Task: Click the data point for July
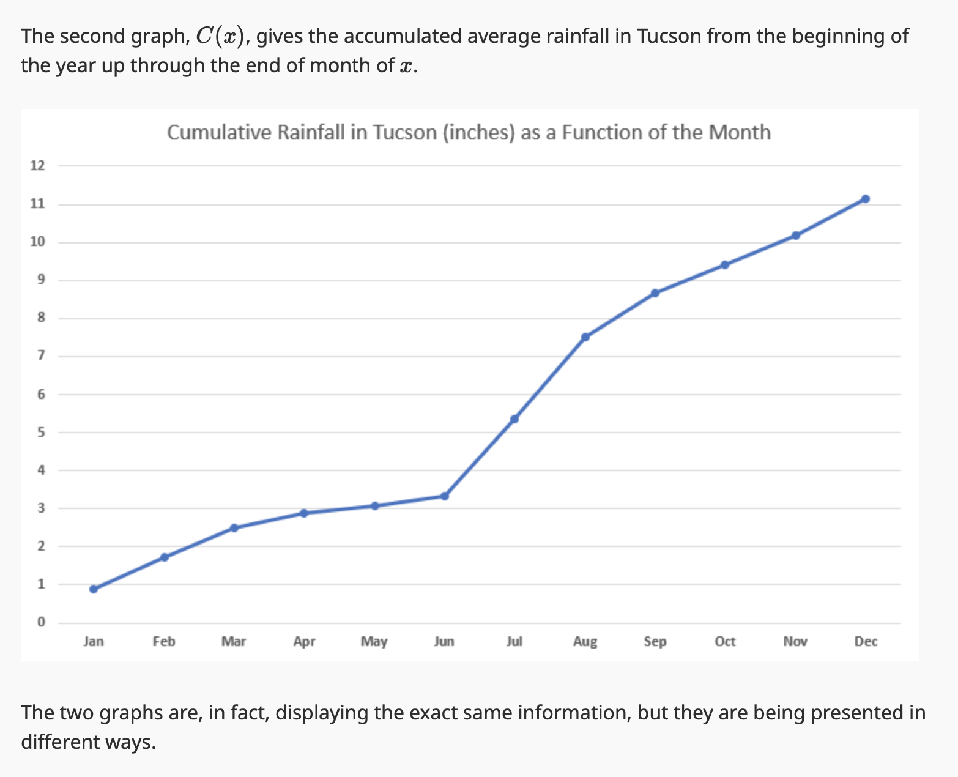[514, 419]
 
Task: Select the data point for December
[865, 199]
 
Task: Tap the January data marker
[94, 589]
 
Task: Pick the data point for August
[585, 337]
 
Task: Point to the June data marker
[445, 496]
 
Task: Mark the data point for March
[234, 528]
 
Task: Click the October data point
[725, 265]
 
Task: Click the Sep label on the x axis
[655, 641]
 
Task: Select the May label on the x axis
[374, 641]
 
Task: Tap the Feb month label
[164, 641]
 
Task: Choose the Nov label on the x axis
[795, 641]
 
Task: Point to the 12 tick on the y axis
[38, 165]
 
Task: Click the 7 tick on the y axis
[41, 356]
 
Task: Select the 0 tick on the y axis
[41, 622]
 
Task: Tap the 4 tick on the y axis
[41, 470]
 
